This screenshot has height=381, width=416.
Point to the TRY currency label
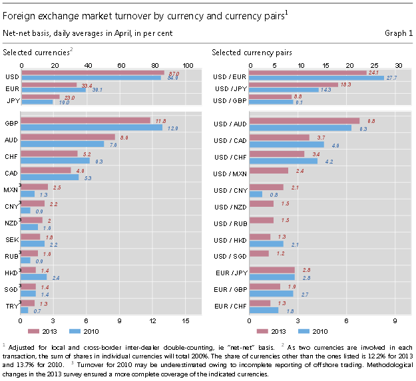click(x=11, y=306)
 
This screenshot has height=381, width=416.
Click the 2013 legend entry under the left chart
click(x=45, y=330)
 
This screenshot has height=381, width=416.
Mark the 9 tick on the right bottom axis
click(x=395, y=320)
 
